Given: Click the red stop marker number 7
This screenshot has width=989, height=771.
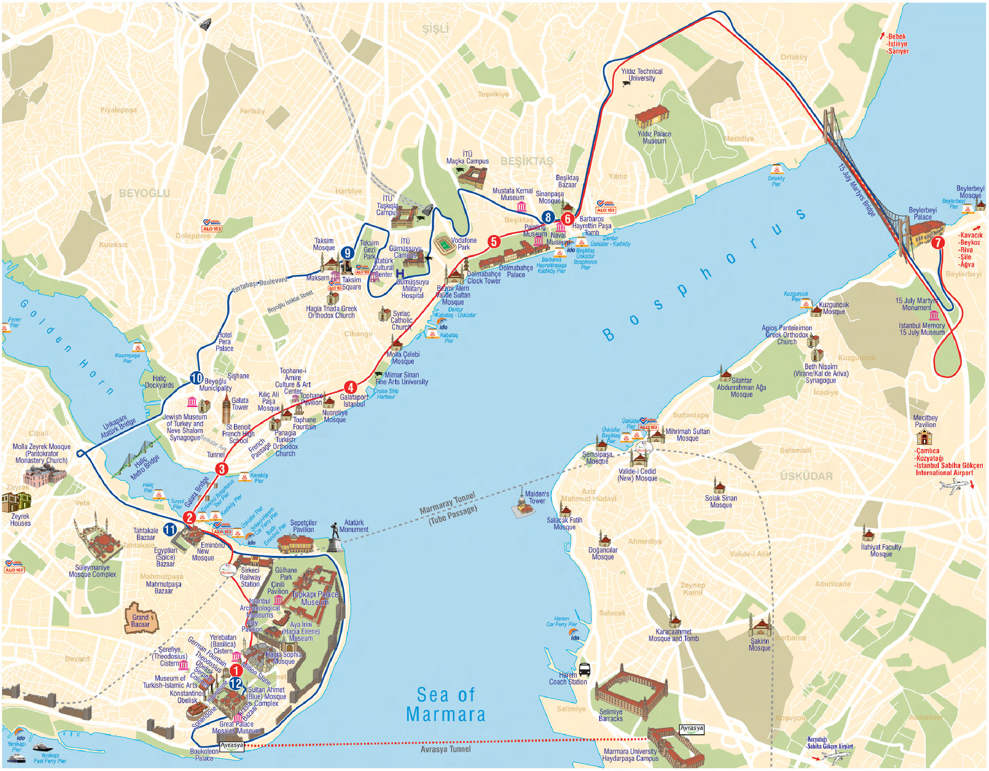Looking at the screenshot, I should coord(938,242).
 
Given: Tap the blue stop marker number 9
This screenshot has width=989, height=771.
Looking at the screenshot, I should coord(347,253).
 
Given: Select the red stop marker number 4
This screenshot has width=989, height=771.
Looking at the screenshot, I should coord(350,387).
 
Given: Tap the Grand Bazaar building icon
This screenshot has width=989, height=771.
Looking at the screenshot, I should coord(141,617).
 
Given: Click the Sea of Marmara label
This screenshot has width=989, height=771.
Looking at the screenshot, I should coord(446,705).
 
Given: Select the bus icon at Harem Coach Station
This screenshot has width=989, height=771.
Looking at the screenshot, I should coord(584,669).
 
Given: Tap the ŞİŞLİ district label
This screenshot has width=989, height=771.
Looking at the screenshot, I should coord(435,29).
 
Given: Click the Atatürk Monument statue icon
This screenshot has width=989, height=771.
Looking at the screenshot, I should coord(335,538).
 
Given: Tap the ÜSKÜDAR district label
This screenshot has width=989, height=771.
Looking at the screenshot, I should coord(806,476).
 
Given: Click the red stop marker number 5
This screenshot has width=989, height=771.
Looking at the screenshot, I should coord(494,241).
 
